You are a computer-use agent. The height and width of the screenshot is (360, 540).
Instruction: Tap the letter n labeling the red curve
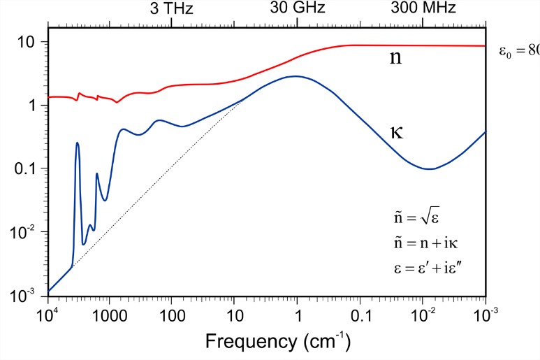pyautogui.click(x=395, y=59)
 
